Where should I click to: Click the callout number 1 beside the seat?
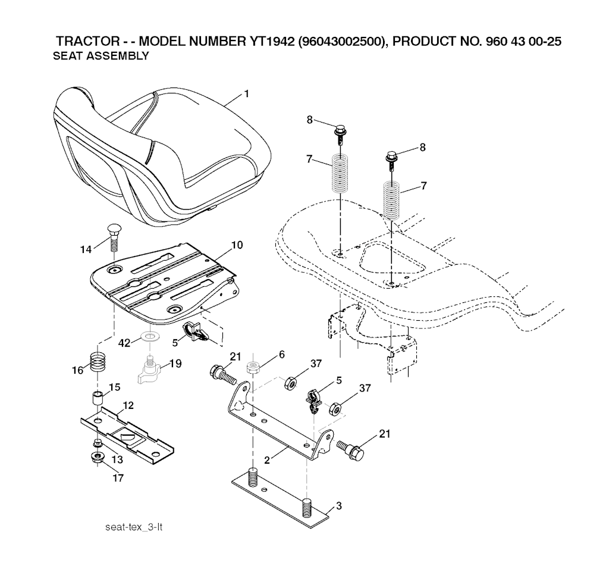(246, 93)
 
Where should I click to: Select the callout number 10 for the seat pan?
(237, 245)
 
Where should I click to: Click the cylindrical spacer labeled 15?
(98, 398)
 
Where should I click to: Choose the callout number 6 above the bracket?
(281, 354)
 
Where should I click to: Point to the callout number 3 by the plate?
(338, 506)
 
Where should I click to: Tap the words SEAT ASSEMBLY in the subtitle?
(101, 57)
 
